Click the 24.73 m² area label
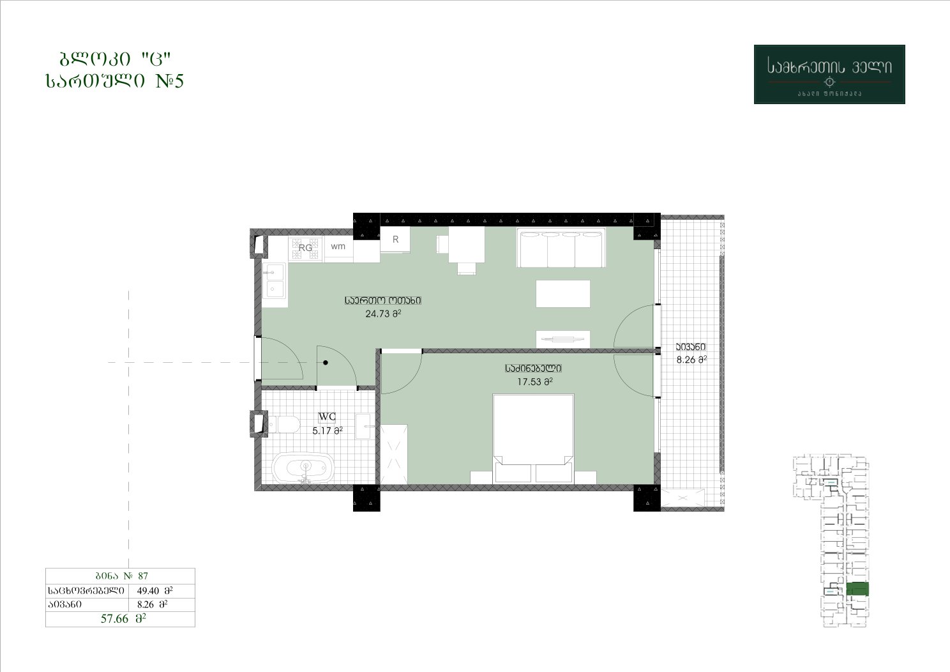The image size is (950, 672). point(383,314)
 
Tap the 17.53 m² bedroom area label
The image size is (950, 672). point(534,382)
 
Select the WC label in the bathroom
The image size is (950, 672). point(327,416)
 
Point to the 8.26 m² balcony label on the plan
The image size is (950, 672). point(691,360)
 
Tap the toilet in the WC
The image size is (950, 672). point(283,424)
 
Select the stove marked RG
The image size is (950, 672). point(305,248)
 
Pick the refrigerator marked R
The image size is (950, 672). point(395,240)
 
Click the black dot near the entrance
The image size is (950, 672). point(326,363)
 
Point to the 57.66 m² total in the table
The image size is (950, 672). point(123,618)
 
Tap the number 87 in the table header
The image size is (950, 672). point(143,576)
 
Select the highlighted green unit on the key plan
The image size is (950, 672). point(857,589)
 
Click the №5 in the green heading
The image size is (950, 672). point(170,80)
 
